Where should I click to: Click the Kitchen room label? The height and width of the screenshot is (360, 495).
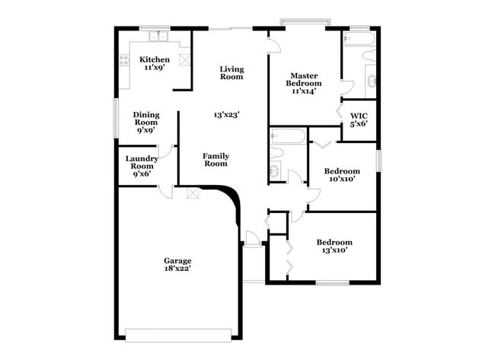pos(154,59)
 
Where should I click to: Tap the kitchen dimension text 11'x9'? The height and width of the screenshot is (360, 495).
pos(154,67)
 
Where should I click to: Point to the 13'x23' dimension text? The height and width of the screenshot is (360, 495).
pos(227,115)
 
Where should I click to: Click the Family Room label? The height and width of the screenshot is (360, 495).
pos(216,160)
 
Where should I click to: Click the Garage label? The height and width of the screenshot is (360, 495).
pos(177,259)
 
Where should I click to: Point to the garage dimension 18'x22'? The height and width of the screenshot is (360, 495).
pos(177,267)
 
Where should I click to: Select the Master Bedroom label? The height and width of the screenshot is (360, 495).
pos(303,80)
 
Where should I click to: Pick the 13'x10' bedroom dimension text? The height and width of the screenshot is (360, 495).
pos(334,250)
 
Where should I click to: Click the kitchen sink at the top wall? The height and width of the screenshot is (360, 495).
pos(157,35)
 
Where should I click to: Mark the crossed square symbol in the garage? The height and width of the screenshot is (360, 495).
pos(193,193)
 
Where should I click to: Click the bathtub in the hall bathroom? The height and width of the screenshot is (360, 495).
pos(288,136)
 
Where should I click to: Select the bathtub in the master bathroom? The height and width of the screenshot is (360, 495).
pos(359,37)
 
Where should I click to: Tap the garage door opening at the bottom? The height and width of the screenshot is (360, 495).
pos(178,333)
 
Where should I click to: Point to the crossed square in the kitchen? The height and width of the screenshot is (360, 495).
pos(184,59)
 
